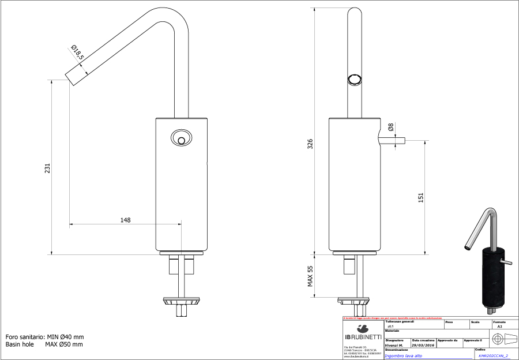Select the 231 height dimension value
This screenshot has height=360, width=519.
click(48, 168)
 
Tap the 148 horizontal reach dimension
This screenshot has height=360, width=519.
click(125, 220)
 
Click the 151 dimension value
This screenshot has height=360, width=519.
click(421, 197)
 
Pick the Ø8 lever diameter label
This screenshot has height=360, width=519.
click(391, 127)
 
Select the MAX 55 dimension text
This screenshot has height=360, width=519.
click(310, 276)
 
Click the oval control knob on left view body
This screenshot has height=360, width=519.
click(180, 138)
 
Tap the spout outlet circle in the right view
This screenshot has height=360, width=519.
click(354, 80)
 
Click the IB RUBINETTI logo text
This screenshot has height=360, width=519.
click(363, 337)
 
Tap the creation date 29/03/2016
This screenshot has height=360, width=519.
click(423, 345)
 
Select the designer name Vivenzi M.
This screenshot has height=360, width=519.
click(394, 345)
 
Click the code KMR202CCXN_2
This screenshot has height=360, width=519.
click(493, 356)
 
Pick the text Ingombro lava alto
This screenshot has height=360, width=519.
click(403, 356)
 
